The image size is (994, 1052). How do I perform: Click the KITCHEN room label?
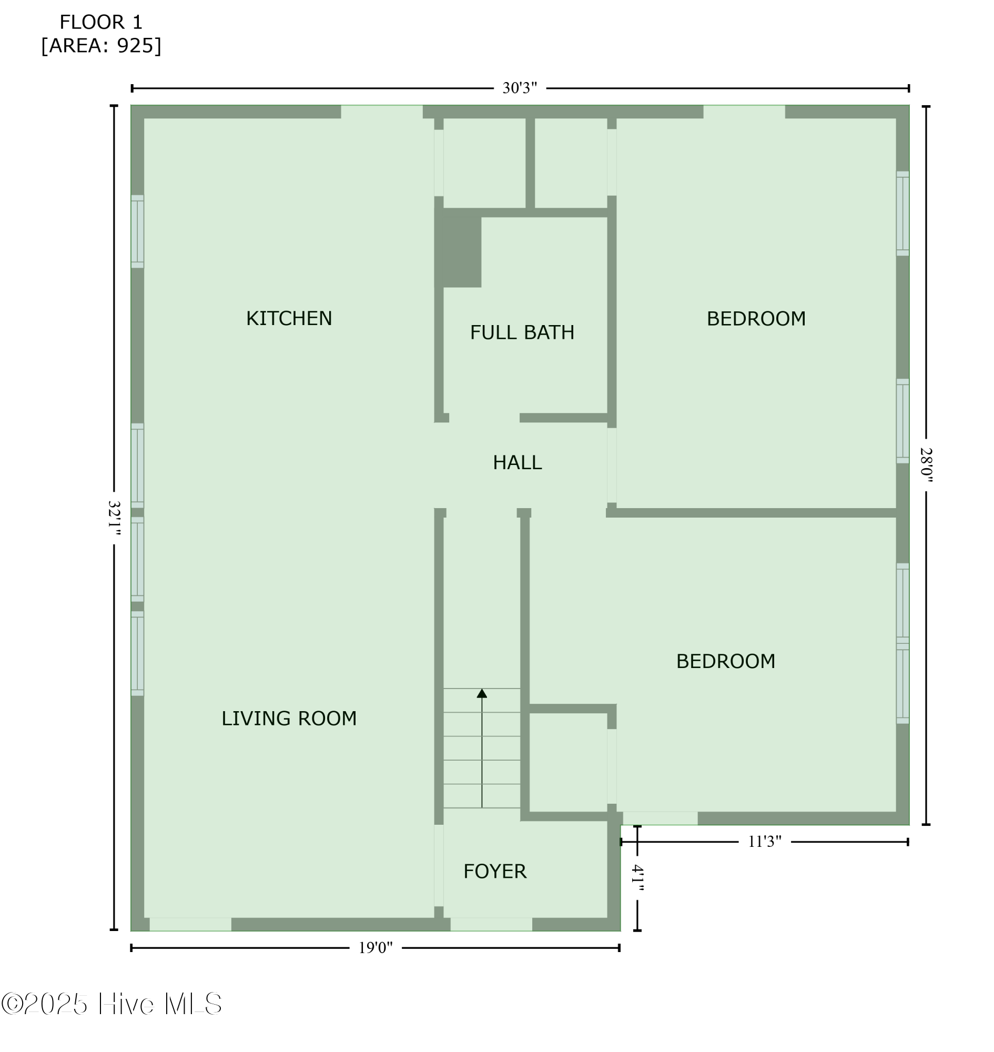pos(289,319)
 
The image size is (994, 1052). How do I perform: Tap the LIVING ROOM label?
pos(289,719)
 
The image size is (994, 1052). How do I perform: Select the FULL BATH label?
pos(522,332)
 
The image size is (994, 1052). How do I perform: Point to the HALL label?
pos(517,463)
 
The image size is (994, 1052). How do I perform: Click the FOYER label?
pos(495,871)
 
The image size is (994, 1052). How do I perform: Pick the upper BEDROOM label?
pos(756,319)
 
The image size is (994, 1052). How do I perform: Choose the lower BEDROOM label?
pos(725,661)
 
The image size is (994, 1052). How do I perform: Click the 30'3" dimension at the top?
pos(519,88)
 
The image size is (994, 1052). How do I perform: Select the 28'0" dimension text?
pos(926,465)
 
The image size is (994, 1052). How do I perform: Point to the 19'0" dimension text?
pos(375,948)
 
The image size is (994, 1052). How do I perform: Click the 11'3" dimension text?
pos(764,842)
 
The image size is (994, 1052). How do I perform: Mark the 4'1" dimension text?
pos(637,878)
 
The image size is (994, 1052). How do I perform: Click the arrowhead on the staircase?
pos(482,693)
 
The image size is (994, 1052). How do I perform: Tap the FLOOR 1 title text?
pos(100,22)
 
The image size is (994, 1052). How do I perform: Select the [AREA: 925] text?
pos(100,46)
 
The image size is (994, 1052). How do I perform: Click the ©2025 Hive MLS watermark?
pos(111,1004)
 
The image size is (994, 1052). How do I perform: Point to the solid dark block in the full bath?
pos(458,248)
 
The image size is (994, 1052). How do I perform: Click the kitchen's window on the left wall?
pos(137,231)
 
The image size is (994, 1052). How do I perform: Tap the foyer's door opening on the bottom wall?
pos(491,924)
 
